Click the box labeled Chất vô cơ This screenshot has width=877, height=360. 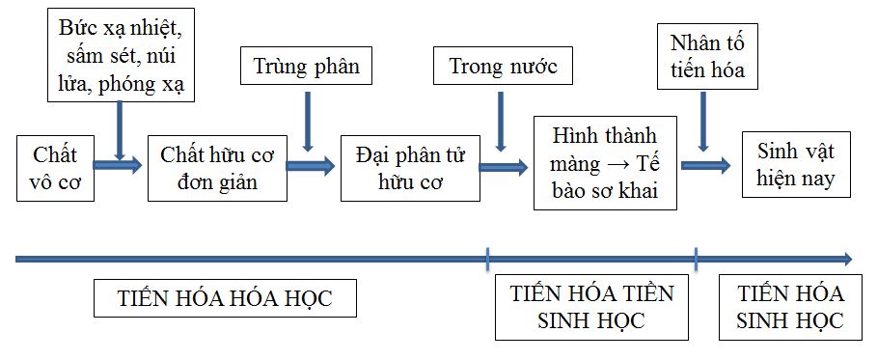tap(55, 167)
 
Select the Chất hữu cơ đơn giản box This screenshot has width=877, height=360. tap(216, 167)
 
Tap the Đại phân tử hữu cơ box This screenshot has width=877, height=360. tap(410, 167)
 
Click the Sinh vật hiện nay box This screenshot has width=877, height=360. tap(795, 165)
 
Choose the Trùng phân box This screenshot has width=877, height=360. tap(306, 67)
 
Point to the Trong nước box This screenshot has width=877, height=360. tap(503, 67)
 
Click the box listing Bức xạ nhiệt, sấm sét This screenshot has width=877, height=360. tap(120, 54)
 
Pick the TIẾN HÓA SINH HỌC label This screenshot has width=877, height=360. tap(789, 307)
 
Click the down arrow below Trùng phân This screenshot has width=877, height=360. tap(307, 121)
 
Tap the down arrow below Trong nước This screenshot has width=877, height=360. tap(499, 121)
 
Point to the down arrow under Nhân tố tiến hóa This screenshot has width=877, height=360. tap(703, 121)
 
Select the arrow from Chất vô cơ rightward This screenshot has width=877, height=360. tap(118, 166)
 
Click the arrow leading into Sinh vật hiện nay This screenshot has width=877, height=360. tap(705, 165)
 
